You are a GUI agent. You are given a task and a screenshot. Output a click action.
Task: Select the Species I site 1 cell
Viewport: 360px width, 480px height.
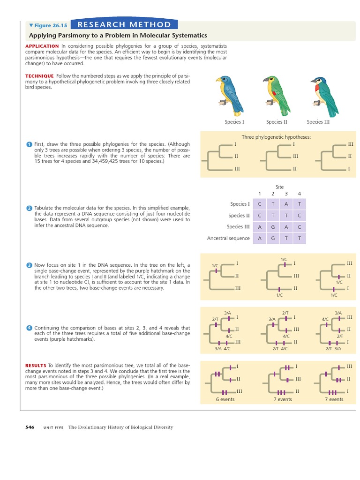point(260,204)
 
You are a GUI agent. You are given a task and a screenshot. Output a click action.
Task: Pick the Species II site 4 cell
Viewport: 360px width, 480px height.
point(299,216)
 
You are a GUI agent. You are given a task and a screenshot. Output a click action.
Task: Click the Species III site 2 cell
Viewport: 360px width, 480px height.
point(273,227)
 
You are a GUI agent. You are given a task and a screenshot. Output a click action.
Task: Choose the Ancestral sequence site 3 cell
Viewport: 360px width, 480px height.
point(286,238)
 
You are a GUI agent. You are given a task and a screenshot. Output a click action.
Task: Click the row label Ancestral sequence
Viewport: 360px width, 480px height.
point(228,238)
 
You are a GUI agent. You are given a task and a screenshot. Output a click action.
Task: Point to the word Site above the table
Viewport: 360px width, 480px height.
point(280,187)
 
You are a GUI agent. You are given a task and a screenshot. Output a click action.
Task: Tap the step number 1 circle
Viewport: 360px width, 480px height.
point(29,144)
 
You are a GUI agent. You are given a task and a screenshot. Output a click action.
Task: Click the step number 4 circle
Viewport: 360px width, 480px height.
point(29,328)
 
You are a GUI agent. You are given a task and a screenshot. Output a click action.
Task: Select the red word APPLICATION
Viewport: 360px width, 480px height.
point(42,46)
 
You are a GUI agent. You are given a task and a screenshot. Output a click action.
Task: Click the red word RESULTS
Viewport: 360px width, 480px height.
point(35,365)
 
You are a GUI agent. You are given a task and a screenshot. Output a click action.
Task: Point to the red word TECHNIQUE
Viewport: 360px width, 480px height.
point(39,76)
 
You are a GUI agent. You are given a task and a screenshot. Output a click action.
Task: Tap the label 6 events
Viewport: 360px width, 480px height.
point(225,399)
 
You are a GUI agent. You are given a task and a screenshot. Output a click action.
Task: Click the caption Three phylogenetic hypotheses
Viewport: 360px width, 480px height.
point(276,137)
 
